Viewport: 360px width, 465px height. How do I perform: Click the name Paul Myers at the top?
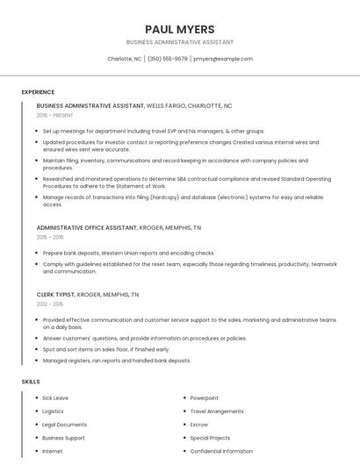click(179, 29)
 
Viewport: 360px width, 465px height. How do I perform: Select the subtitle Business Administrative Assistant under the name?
click(179, 42)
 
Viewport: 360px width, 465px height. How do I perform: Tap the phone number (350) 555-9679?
click(168, 59)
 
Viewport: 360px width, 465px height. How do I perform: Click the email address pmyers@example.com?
click(223, 59)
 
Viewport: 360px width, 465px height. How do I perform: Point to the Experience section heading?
click(38, 92)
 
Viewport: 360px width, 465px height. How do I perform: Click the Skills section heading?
click(31, 382)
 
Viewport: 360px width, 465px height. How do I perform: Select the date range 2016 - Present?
click(56, 115)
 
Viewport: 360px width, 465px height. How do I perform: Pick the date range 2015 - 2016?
click(50, 237)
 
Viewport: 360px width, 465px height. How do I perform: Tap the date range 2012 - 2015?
click(50, 304)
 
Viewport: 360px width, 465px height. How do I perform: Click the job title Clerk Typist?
click(55, 295)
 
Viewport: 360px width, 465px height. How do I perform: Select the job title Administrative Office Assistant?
click(87, 227)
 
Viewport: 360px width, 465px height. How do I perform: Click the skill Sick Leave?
click(55, 397)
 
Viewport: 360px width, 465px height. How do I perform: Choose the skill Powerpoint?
click(205, 397)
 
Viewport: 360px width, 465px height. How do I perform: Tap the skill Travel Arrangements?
click(217, 411)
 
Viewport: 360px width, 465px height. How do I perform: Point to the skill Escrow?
click(199, 424)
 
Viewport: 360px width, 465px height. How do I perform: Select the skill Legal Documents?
click(64, 424)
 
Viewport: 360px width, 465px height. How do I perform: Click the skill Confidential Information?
click(221, 451)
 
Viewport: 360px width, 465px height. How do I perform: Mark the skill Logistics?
click(53, 411)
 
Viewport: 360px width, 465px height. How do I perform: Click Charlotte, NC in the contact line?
click(124, 59)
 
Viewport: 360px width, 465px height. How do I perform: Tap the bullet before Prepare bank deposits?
click(37, 253)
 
